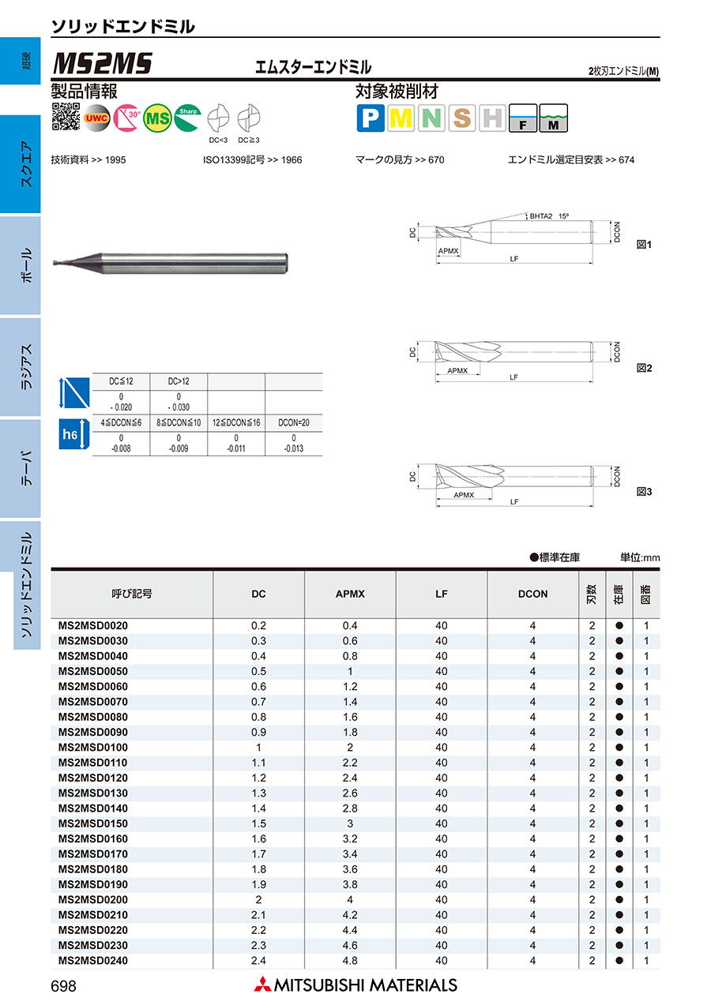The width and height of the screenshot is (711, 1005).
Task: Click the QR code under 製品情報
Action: [66, 117]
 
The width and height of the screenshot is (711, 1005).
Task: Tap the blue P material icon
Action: [371, 118]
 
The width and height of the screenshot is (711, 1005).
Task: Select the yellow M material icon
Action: [401, 118]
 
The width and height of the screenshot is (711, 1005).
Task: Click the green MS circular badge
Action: [158, 118]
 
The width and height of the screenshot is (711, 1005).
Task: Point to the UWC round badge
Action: [96, 118]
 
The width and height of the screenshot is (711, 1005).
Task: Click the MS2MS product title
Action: [102, 64]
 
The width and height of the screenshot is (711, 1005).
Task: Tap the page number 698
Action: [64, 985]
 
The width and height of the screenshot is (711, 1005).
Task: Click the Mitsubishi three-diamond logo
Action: [261, 984]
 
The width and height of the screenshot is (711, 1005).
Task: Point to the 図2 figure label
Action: [645, 368]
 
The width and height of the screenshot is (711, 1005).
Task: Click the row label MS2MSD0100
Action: [93, 747]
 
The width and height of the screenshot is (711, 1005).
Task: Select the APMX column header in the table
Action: [350, 594]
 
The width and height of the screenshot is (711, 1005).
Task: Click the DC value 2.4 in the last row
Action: [258, 961]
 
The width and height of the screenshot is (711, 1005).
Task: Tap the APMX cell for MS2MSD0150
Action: [350, 823]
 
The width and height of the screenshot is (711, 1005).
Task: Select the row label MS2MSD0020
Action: [93, 625]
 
